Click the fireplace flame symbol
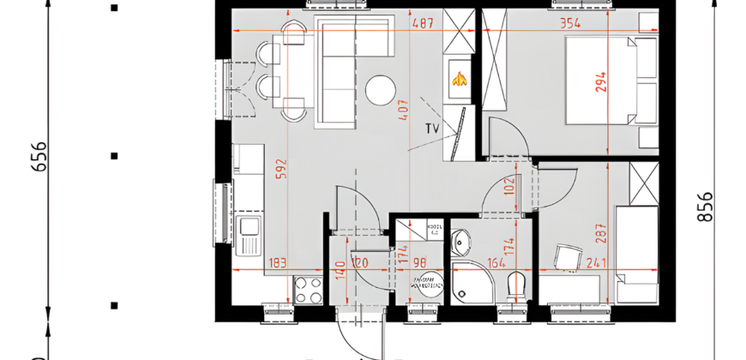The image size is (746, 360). click(x=458, y=80)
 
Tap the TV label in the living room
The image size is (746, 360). click(x=432, y=129)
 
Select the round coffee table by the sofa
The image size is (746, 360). click(x=380, y=89)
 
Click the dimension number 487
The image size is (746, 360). click(x=422, y=24)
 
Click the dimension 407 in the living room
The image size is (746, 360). click(x=403, y=109)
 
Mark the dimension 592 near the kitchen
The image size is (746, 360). click(x=280, y=167)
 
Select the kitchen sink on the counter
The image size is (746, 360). click(x=250, y=226)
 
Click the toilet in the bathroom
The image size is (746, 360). click(x=516, y=286)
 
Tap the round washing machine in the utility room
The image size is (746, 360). click(x=426, y=284)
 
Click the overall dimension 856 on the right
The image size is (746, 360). click(x=706, y=206)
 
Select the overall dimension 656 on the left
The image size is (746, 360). click(x=39, y=156)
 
